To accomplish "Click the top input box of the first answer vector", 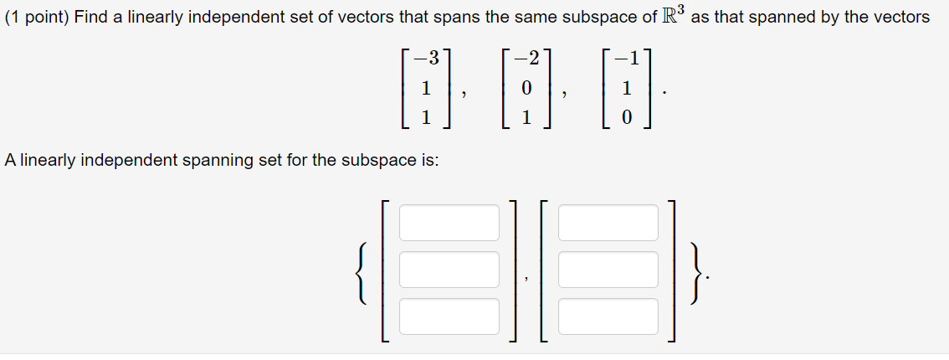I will pos(449,222).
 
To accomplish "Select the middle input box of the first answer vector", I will pos(449,270).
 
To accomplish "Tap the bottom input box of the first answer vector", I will pos(449,316).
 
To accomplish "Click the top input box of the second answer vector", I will pos(608,222).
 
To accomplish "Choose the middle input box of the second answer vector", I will pos(608,270).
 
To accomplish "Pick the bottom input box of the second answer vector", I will pos(608,316).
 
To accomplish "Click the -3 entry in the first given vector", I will pos(427,59).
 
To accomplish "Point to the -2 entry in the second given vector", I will pos(526,59).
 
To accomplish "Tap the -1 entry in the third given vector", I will pos(625,59).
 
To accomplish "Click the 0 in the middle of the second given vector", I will pos(526,89).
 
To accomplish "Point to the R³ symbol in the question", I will pos(671,16).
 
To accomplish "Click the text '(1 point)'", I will pos(37,18).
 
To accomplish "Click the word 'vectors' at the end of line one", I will pos(900,18).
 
